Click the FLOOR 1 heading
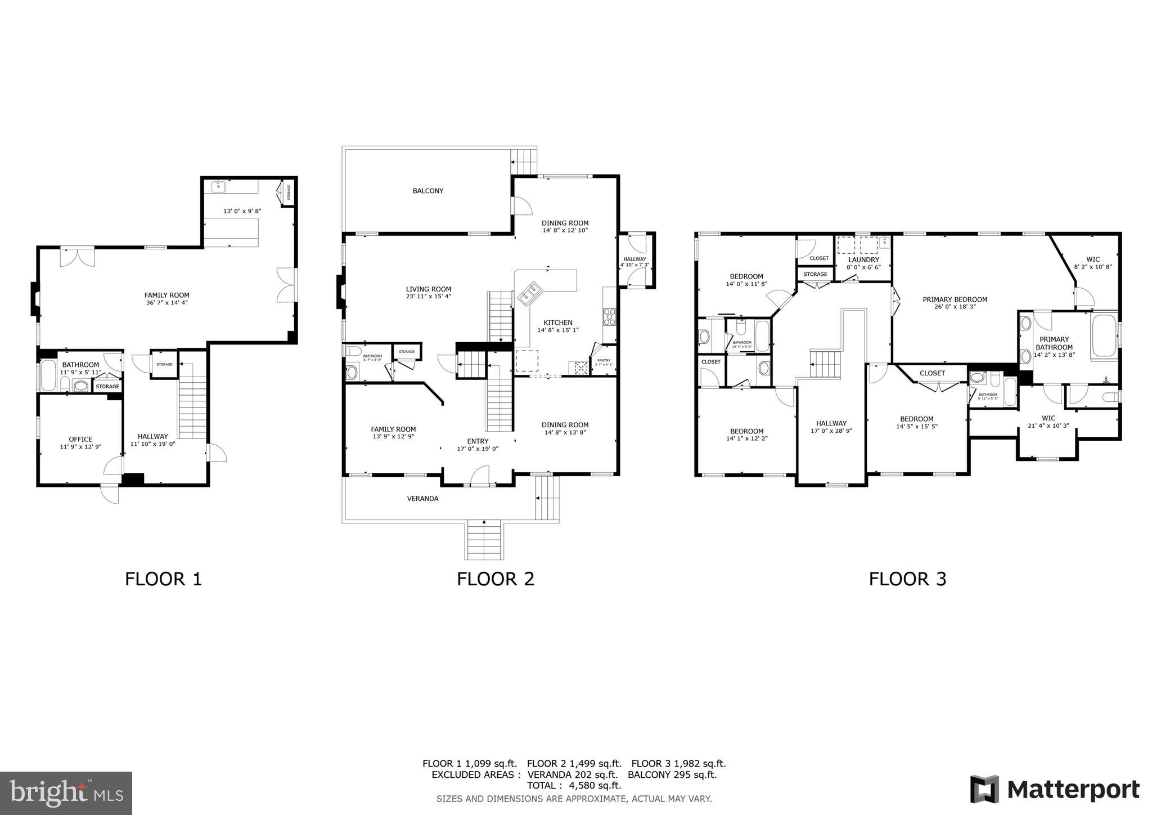tap(163, 579)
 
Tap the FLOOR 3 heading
tap(907, 579)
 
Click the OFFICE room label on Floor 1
tap(80, 439)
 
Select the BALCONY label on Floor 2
tap(428, 191)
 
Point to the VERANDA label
tap(422, 499)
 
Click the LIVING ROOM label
tap(429, 289)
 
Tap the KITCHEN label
tap(557, 323)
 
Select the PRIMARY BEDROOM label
tap(955, 299)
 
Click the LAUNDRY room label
tap(863, 259)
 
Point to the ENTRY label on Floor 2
tap(478, 441)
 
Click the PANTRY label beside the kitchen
tap(604, 360)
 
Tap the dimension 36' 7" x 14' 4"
tap(166, 303)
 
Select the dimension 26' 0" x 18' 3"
tap(955, 307)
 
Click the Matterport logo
tap(1055, 790)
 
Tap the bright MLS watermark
tap(66, 794)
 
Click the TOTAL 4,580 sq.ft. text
tap(574, 785)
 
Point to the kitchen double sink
tap(530, 294)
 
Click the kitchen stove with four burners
tap(609, 316)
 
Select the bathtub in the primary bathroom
tap(1103, 335)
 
